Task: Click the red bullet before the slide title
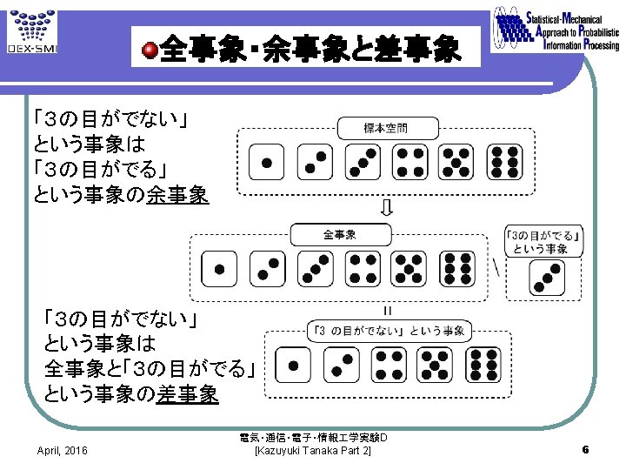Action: coord(150,50)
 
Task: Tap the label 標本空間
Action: coord(384,128)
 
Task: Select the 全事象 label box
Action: coord(340,234)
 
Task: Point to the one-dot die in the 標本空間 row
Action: coord(266,163)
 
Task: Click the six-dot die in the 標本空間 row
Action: coord(505,163)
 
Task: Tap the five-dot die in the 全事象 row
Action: coord(408,268)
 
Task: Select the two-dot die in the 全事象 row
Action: coord(266,268)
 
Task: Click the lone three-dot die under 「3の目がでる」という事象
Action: coord(548,278)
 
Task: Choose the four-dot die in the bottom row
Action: coord(388,365)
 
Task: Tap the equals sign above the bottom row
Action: coord(386,309)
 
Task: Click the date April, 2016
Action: coord(62,450)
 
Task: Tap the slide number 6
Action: coord(586,450)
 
